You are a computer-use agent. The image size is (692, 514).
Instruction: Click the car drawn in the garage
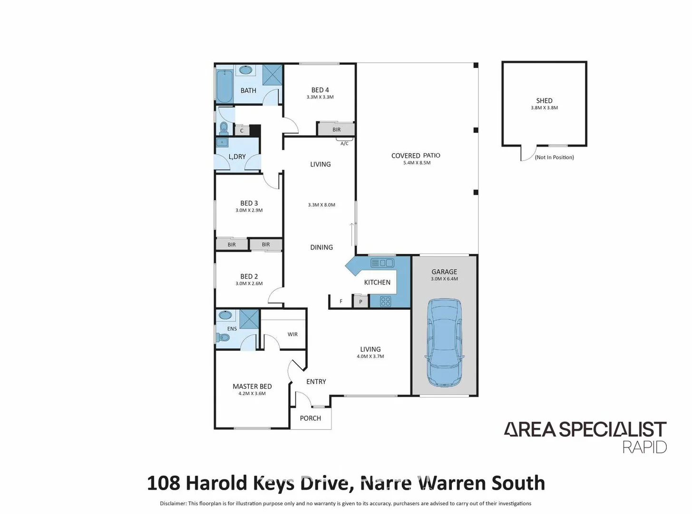(x=444, y=343)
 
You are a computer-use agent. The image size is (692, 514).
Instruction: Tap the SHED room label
(x=544, y=100)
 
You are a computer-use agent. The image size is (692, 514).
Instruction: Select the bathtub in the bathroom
(x=224, y=86)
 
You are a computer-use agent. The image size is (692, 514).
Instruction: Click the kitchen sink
(x=382, y=263)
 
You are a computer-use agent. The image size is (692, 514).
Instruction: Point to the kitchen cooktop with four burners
(x=385, y=301)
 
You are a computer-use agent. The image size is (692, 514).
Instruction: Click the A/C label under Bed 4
(x=344, y=143)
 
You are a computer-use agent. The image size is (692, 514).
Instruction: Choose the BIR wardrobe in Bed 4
(x=336, y=129)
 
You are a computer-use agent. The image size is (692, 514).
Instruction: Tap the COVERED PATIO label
(x=415, y=156)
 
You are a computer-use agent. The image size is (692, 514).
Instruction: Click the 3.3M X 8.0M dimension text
(x=322, y=205)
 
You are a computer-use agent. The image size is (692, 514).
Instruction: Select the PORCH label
(x=310, y=418)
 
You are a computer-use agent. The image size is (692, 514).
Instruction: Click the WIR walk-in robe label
(x=292, y=335)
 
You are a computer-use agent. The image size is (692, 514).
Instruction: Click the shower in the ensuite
(x=249, y=319)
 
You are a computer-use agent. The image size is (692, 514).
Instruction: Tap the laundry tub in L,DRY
(x=222, y=142)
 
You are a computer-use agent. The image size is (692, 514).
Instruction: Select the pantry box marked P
(x=361, y=301)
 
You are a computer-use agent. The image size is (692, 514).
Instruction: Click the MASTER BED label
(x=252, y=386)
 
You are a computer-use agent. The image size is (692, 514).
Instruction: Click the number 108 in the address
(x=163, y=483)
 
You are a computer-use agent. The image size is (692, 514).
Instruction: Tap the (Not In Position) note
(x=554, y=158)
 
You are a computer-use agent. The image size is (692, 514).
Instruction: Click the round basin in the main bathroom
(x=245, y=70)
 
